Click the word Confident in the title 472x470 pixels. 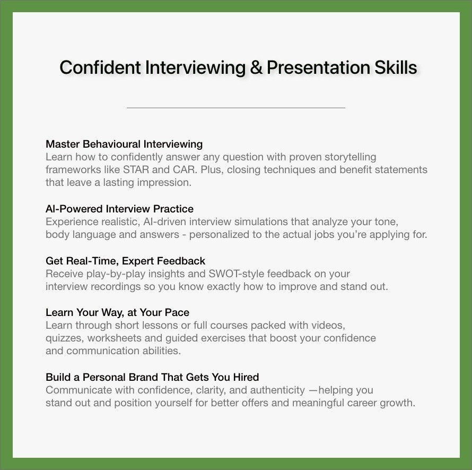pyautogui.click(x=100, y=67)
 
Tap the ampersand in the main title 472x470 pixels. pyautogui.click(x=256, y=67)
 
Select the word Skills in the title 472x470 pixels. pyautogui.click(x=396, y=67)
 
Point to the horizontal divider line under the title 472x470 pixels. pyautogui.click(x=235, y=108)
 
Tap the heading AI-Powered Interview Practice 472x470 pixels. pyautogui.click(x=119, y=209)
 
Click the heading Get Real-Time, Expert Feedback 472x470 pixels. pyautogui.click(x=125, y=261)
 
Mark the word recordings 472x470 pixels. pyautogui.click(x=116, y=286)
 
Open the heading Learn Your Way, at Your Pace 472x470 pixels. pyautogui.click(x=117, y=313)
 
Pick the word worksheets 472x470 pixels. pyautogui.click(x=115, y=338)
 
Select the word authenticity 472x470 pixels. pyautogui.click(x=277, y=390)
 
